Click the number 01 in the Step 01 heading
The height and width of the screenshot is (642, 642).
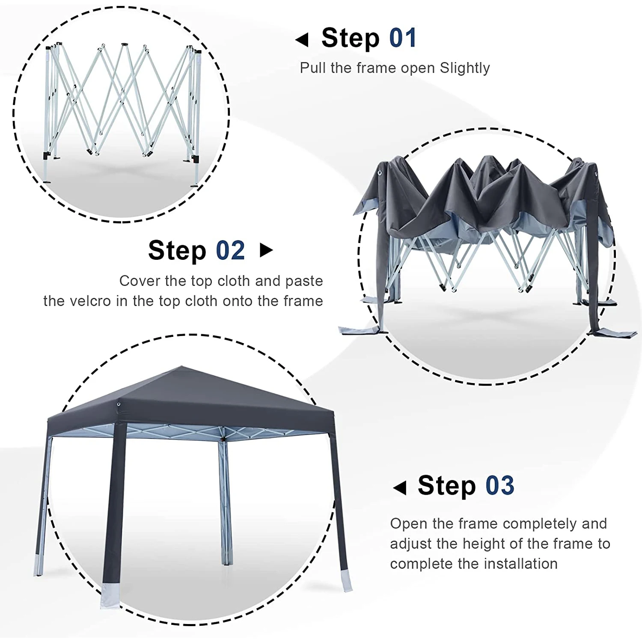403,38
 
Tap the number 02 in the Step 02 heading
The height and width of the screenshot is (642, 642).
230,250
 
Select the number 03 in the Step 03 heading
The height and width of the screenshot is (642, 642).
499,485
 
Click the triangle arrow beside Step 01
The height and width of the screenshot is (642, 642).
302,40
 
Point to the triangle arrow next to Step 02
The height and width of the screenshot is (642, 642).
266,250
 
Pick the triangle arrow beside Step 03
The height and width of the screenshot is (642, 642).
400,487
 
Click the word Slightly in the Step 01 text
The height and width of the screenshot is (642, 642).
465,68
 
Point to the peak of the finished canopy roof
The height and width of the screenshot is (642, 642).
182,367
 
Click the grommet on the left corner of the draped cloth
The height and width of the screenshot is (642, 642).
380,173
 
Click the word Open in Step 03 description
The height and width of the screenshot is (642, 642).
409,523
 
